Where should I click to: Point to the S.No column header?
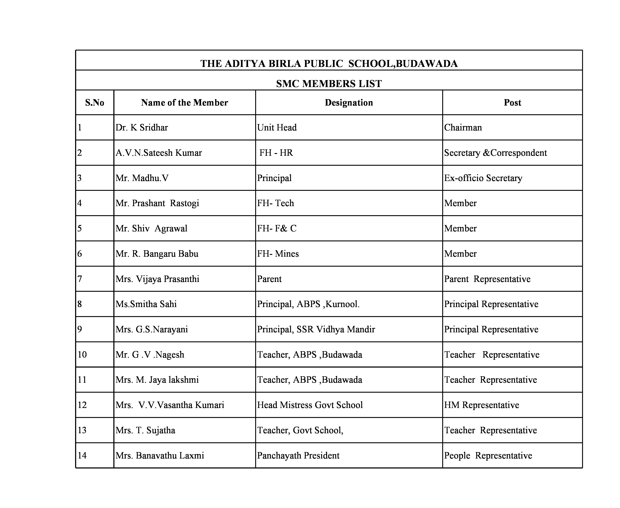click(94, 103)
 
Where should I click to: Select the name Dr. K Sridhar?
click(142, 128)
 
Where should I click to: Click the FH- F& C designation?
click(277, 228)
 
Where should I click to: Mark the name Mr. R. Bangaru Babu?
click(157, 254)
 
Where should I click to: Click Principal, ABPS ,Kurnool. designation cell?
click(308, 304)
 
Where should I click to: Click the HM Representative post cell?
click(481, 405)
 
